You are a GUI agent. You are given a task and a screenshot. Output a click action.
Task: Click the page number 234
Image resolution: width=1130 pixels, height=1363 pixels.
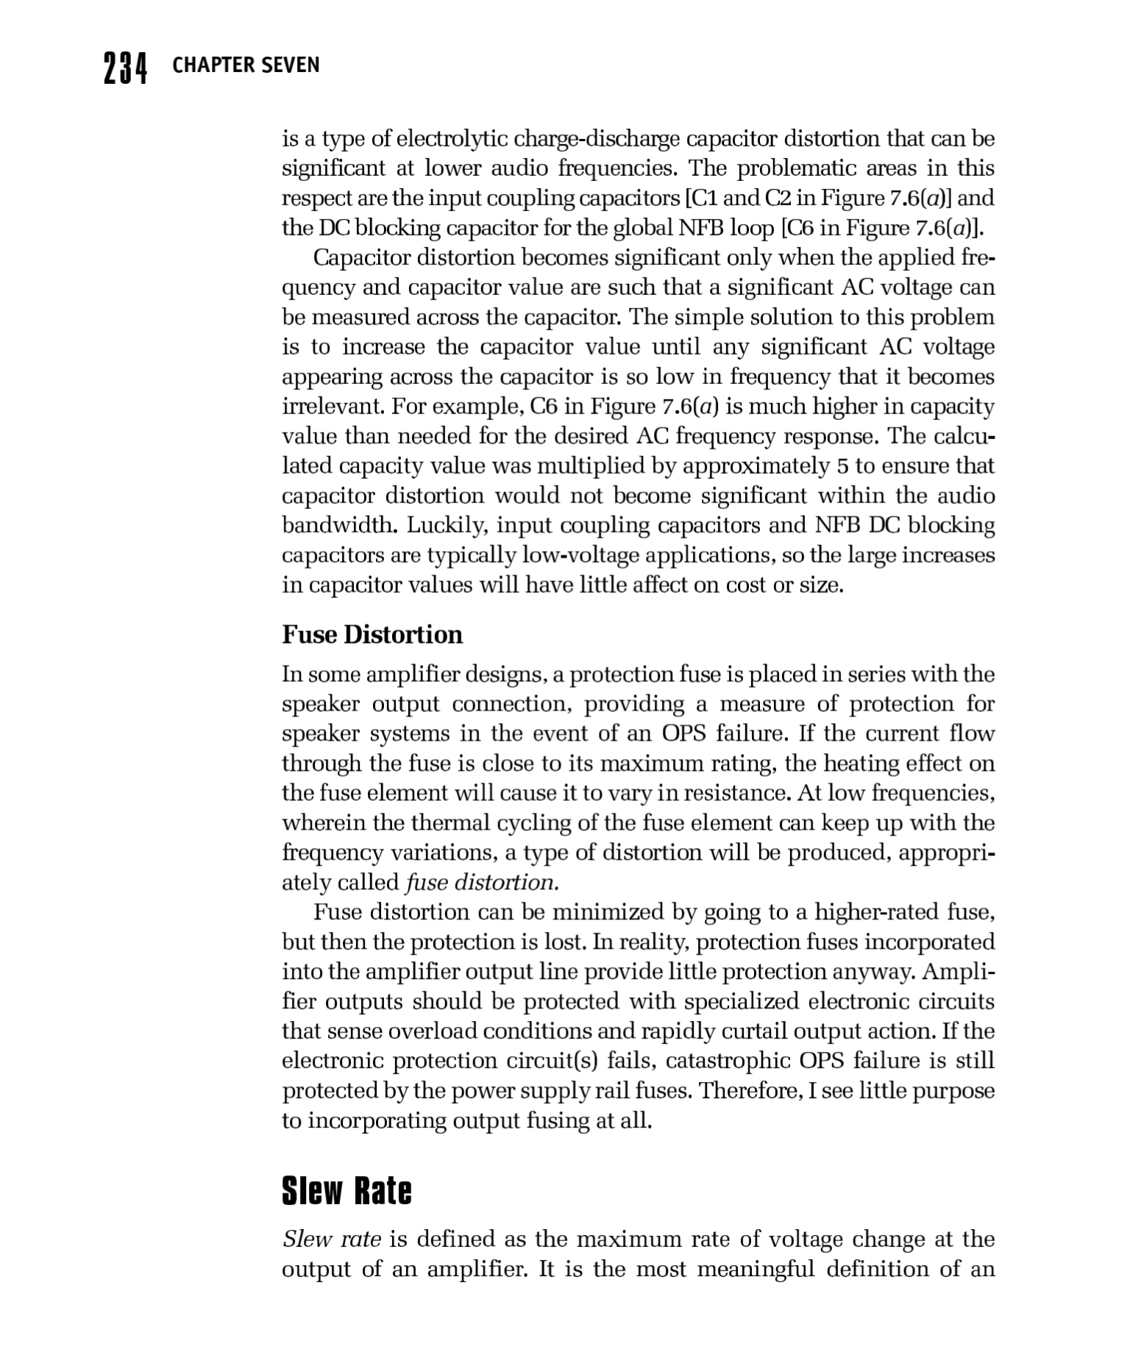(125, 68)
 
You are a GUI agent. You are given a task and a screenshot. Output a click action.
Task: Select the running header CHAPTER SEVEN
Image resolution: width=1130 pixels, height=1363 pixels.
(246, 65)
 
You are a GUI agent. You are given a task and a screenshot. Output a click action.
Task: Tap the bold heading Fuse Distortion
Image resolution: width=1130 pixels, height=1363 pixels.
(372, 635)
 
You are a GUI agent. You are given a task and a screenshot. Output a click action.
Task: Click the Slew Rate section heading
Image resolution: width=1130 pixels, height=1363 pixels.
(347, 1191)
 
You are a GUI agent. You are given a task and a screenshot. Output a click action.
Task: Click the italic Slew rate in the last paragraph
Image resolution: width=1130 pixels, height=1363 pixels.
(331, 1239)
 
